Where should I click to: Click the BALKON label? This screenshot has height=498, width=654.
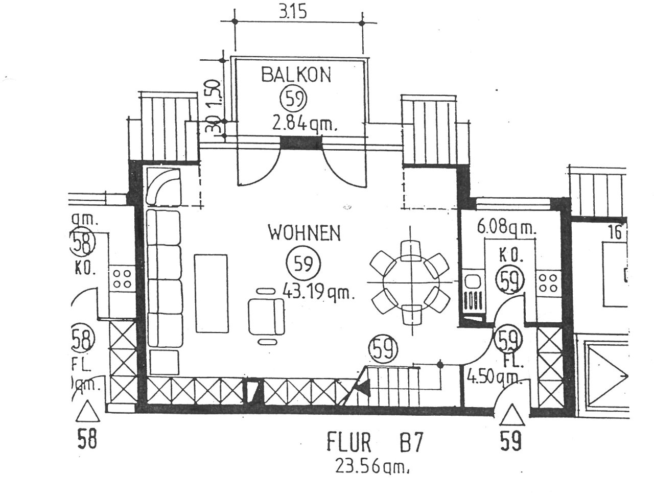[x=296, y=75]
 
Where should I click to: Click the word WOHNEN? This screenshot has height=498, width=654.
[x=304, y=233]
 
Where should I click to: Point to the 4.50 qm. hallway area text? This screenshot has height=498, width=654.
[x=494, y=379]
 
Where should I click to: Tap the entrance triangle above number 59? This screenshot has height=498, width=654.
[x=511, y=415]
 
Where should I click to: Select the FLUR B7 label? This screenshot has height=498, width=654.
[x=374, y=442]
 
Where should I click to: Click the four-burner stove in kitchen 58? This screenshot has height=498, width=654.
[x=122, y=279]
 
